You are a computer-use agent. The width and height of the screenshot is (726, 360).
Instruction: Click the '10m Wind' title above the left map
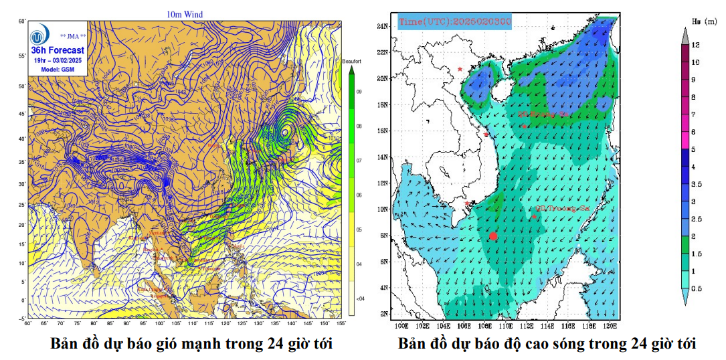[x=185, y=14]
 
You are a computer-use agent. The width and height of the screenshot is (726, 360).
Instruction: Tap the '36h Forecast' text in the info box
[x=58, y=50]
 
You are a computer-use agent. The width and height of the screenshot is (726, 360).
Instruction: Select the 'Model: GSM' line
[x=58, y=70]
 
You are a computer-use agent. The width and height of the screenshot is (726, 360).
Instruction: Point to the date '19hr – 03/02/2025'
[x=58, y=61]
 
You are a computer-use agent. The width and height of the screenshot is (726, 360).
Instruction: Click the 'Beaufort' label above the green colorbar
[x=352, y=61]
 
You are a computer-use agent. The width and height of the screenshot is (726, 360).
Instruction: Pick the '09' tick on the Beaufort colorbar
[x=359, y=91]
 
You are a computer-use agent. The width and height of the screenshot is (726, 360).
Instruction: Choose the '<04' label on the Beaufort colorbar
[x=360, y=298]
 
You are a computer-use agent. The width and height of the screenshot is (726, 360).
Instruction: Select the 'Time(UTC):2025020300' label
[x=455, y=22]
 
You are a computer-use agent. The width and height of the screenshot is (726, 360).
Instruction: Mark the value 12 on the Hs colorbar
[x=696, y=45]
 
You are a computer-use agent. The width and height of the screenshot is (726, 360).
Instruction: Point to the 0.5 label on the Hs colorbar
[x=697, y=288]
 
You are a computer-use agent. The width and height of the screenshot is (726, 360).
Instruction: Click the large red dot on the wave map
[x=493, y=236]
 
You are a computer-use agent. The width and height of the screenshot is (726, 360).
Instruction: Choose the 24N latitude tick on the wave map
[x=383, y=26]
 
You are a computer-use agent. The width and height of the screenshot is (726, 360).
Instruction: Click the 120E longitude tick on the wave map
[x=610, y=327]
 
